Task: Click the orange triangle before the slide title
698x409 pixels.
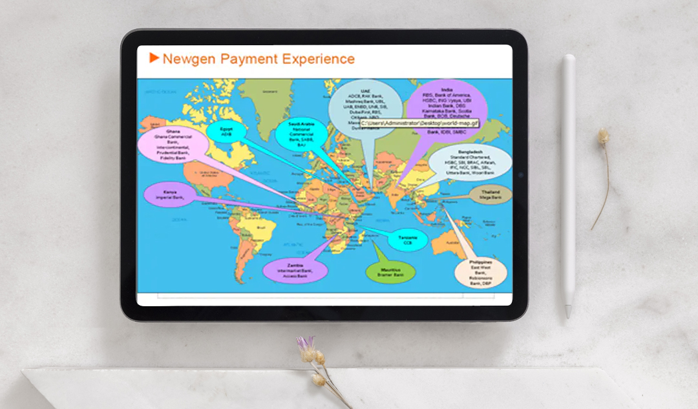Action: pyautogui.click(x=154, y=58)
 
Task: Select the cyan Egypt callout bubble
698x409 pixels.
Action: pyautogui.click(x=226, y=131)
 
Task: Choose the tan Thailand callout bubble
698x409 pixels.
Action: pyautogui.click(x=490, y=195)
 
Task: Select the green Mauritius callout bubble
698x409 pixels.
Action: pyautogui.click(x=391, y=272)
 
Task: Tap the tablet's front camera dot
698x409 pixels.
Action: pyautogui.click(x=519, y=175)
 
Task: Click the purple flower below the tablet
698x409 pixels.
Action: pyautogui.click(x=306, y=343)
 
